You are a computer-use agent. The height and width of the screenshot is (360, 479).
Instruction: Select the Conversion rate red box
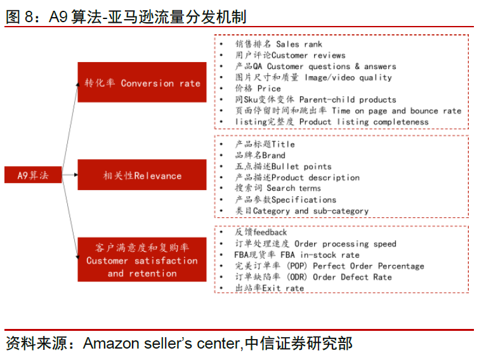tap(142, 82)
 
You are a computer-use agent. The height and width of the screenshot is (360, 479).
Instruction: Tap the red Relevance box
tap(142, 176)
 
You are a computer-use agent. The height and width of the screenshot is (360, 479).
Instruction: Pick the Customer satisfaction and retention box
tap(142, 260)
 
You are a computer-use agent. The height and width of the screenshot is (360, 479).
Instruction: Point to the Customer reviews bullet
tap(290, 56)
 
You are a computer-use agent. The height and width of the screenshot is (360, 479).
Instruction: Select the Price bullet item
tap(258, 89)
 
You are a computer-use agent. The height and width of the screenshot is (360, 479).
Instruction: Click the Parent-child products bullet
tap(315, 100)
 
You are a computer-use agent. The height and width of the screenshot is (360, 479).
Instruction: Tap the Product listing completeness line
tap(331, 122)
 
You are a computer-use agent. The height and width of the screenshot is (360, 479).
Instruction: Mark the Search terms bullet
tap(278, 188)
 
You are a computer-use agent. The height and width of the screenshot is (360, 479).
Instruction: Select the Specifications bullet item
tap(285, 200)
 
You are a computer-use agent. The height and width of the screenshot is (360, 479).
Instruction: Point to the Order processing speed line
tap(315, 243)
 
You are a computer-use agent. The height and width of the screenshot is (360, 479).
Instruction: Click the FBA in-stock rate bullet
tap(297, 255)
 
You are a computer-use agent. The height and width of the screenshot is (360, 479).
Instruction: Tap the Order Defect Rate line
tap(313, 277)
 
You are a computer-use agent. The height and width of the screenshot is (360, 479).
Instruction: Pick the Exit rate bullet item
tap(269, 288)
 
